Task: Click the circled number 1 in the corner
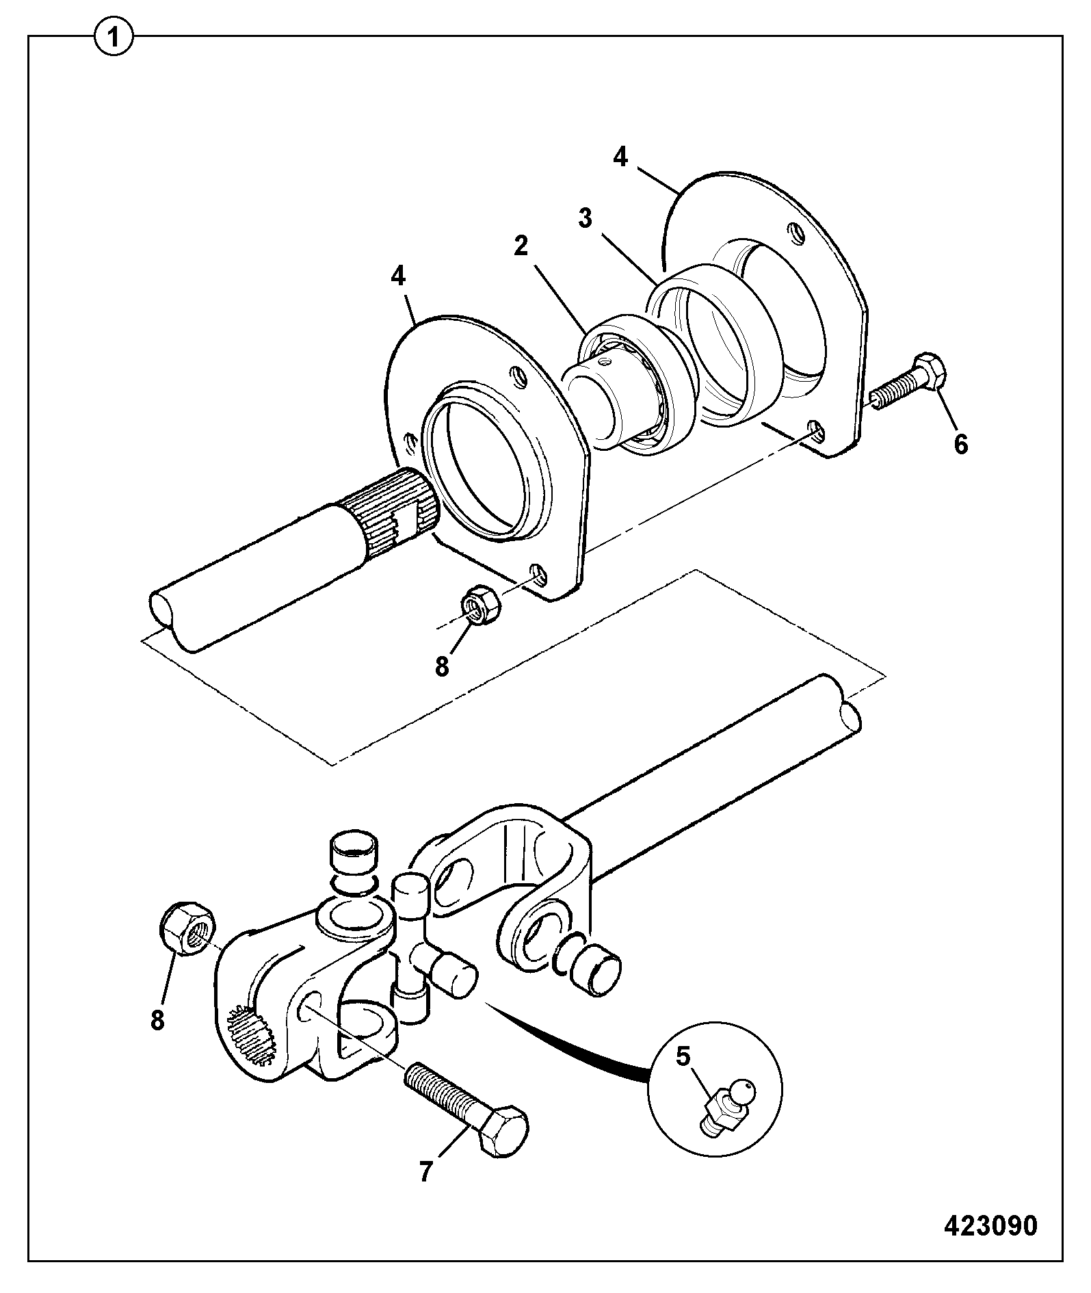pos(114,37)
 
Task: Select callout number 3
pos(585,219)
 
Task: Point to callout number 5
pos(683,1056)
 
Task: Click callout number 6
pos(961,445)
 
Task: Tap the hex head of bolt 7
pos(502,1133)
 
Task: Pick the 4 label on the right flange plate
pos(620,157)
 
